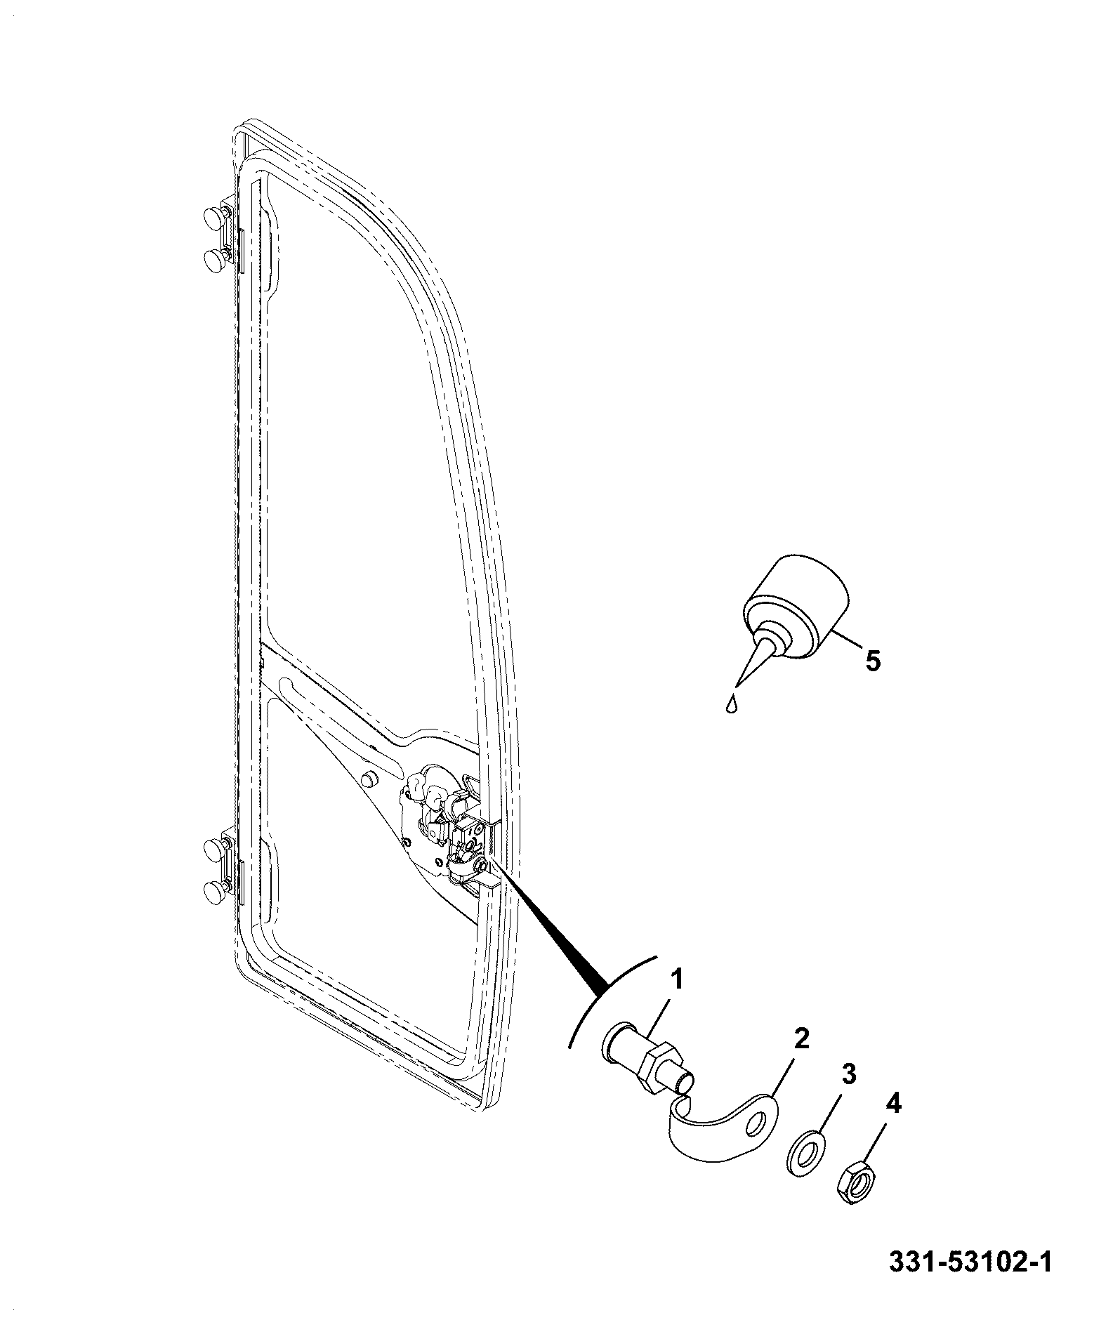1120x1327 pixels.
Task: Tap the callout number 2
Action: (x=801, y=1039)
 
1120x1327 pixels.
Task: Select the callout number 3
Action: (x=849, y=1075)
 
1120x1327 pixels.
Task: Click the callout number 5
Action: (x=872, y=661)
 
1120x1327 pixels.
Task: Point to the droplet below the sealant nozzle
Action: (x=732, y=704)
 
